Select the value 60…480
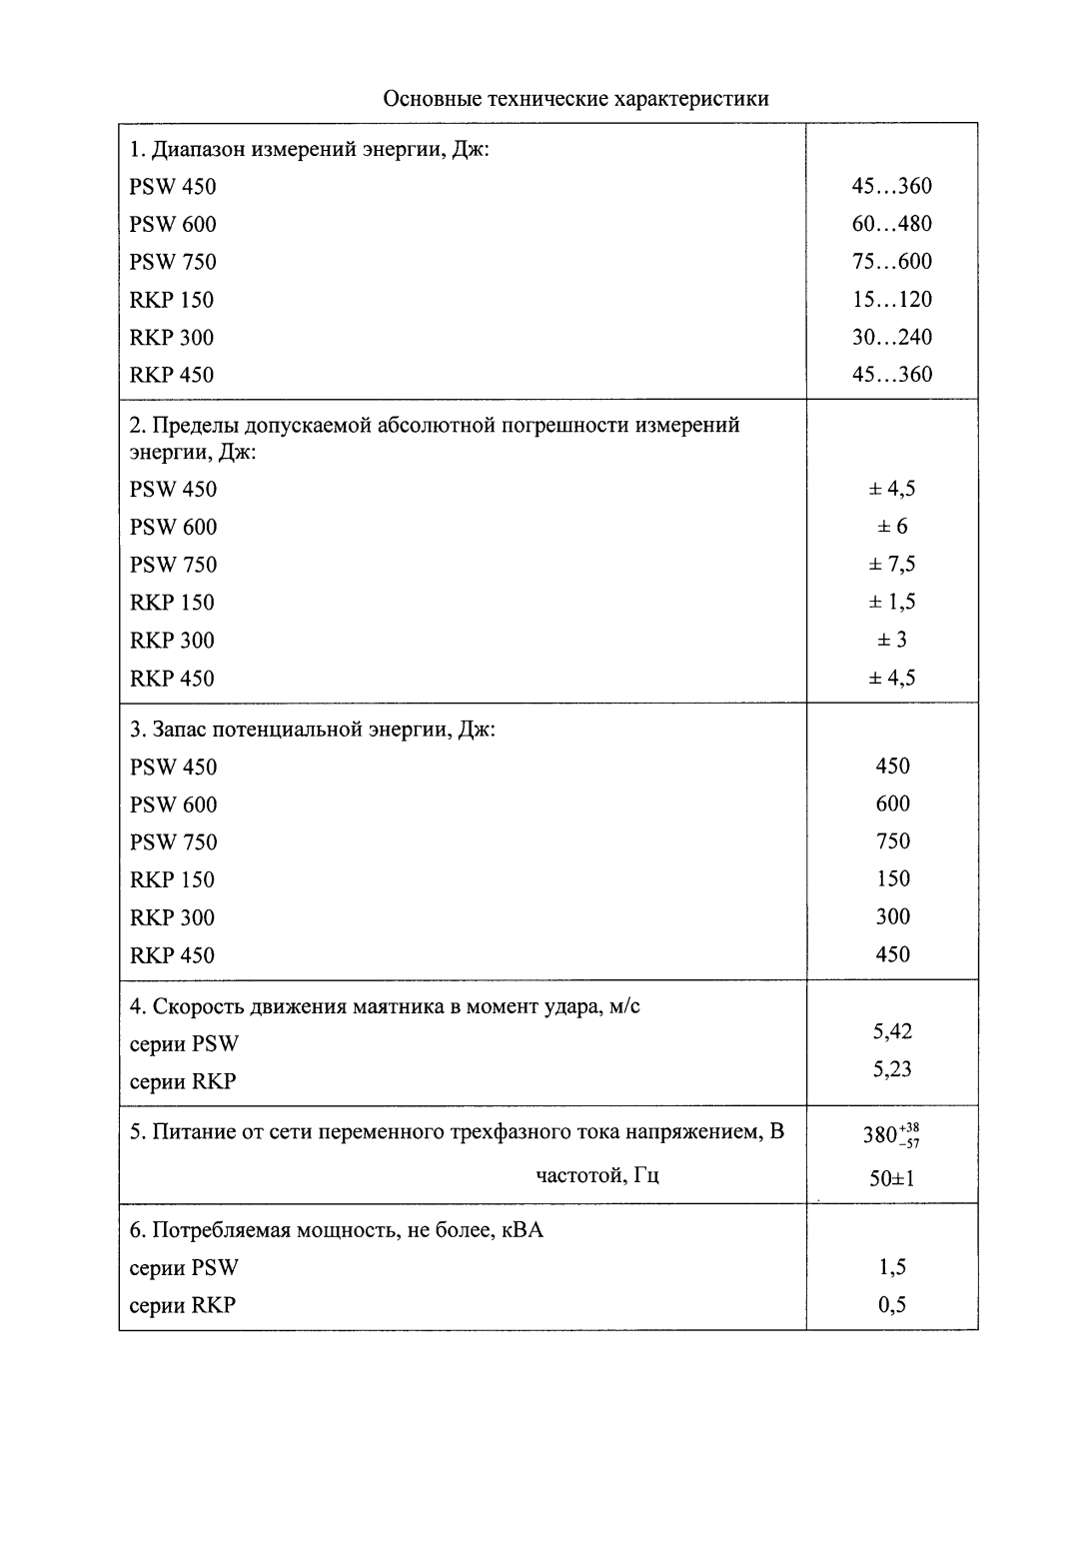(x=891, y=224)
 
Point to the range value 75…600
(x=891, y=262)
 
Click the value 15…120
(x=891, y=299)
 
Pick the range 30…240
(x=891, y=337)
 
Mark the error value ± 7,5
(x=891, y=565)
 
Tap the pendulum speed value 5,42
(x=892, y=1031)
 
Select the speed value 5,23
(x=892, y=1069)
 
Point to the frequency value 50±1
(x=892, y=1178)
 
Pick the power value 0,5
(x=892, y=1304)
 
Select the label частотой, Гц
(x=597, y=1175)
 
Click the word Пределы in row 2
(x=191, y=426)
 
